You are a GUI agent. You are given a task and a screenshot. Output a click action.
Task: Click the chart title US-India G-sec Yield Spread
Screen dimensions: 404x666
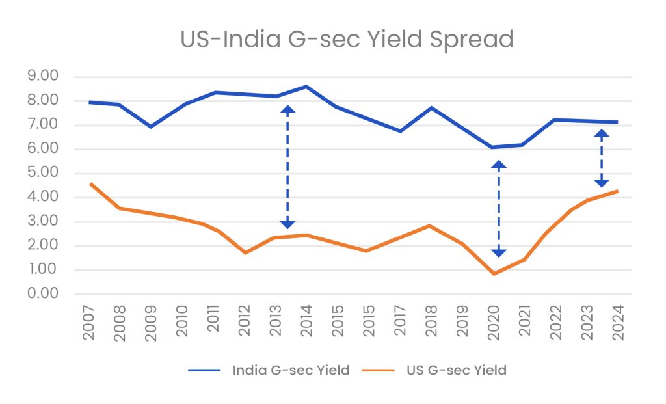[x=347, y=39]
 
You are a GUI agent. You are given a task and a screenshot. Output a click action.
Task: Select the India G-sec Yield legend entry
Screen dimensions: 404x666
[x=290, y=371]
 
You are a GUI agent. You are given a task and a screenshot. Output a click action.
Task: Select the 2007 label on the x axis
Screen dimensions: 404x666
[x=89, y=321]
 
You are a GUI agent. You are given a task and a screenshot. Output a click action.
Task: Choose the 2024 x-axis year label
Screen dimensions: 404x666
[x=617, y=321]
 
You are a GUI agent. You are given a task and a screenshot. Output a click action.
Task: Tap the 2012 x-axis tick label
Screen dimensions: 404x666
[x=245, y=321]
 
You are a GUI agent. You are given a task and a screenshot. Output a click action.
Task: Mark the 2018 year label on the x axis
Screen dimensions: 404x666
[x=431, y=321]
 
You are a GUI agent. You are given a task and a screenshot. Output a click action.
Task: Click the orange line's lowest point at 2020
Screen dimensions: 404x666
[x=493, y=274]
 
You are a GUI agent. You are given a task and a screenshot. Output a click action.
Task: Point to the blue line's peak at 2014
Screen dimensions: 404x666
[x=306, y=87]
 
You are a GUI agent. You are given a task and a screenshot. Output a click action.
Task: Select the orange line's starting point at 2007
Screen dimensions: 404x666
[x=90, y=184]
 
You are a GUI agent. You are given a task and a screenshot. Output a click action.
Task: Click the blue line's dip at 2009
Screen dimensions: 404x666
[x=151, y=126]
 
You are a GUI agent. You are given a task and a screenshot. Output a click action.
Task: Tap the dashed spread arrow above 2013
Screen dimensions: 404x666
[x=287, y=167]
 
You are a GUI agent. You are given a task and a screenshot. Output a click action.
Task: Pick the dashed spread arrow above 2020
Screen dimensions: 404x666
[x=498, y=208]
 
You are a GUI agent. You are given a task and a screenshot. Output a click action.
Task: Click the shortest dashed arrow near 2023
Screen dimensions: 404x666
[x=602, y=158]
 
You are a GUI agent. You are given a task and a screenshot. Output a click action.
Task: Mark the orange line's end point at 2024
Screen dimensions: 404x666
[x=617, y=191]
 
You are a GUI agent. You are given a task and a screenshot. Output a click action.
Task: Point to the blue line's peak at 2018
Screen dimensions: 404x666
[x=431, y=107]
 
